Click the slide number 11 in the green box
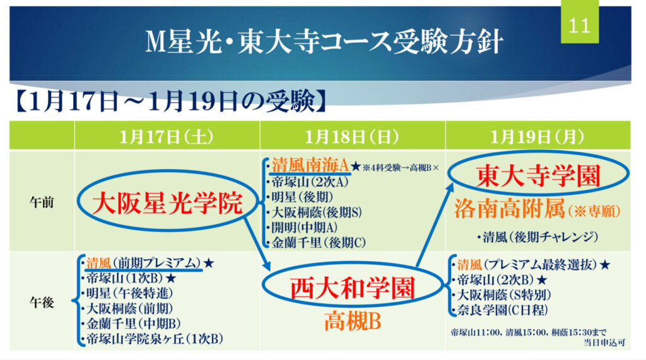click(579, 26)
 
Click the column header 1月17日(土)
click(167, 137)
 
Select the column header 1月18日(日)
click(352, 137)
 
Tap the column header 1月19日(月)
click(537, 137)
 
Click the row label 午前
click(42, 202)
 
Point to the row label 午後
click(42, 303)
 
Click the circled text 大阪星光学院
click(167, 203)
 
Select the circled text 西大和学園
click(352, 288)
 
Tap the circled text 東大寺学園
click(538, 176)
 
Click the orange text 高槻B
click(352, 322)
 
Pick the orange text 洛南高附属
click(509, 209)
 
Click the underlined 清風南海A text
click(310, 166)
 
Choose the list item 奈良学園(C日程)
click(502, 310)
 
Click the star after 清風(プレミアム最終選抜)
click(604, 264)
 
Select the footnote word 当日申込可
click(604, 343)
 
